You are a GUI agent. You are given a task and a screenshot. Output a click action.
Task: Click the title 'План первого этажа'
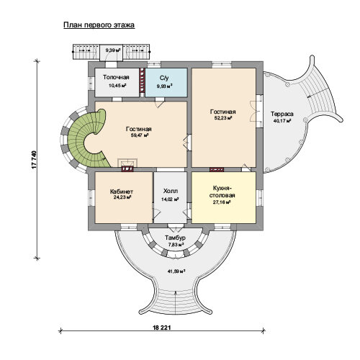point(99,25)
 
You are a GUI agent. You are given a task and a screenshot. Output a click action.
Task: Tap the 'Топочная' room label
point(116,77)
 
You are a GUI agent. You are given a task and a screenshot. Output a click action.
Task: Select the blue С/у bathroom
point(166,83)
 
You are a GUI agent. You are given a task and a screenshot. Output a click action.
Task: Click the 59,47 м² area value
point(138,135)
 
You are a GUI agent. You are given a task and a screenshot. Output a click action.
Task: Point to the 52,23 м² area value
point(223,118)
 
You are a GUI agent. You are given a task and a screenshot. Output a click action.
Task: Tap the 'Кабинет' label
point(122,192)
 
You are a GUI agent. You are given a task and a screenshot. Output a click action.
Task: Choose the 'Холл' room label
point(171,192)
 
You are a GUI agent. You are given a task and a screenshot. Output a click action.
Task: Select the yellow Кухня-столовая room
point(223,197)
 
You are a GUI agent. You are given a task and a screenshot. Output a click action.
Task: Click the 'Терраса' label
point(282,114)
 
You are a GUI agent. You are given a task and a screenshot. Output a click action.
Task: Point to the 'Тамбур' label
point(175,238)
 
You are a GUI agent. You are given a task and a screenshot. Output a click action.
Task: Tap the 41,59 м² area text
point(176,271)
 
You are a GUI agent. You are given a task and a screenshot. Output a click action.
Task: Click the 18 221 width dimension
point(162,328)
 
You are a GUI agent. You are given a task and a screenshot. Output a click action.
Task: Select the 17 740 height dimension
point(34,160)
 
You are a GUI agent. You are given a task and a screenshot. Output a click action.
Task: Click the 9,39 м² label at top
point(113,50)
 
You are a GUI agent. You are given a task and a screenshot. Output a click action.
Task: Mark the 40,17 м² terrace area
point(282,120)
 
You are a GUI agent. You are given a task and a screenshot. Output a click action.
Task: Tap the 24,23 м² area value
point(122,197)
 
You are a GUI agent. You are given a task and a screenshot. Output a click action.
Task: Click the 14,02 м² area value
point(170,199)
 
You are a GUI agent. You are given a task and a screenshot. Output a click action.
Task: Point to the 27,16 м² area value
point(222,202)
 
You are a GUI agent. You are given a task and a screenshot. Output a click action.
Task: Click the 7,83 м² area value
point(176,245)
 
